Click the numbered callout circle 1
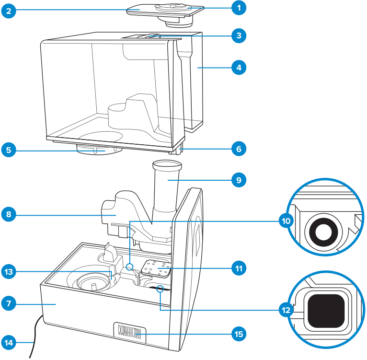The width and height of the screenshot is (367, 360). (237, 8)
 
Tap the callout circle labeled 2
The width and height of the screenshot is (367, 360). (9, 11)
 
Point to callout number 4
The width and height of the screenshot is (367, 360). (237, 68)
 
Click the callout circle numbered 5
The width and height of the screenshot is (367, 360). (9, 150)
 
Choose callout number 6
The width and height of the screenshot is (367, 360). (237, 149)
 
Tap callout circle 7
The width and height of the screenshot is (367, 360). (9, 303)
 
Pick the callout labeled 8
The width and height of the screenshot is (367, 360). (9, 214)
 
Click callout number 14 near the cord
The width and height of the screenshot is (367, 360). (9, 342)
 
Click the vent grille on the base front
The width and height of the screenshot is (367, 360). (129, 331)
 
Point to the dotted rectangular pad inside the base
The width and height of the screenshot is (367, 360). (156, 269)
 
